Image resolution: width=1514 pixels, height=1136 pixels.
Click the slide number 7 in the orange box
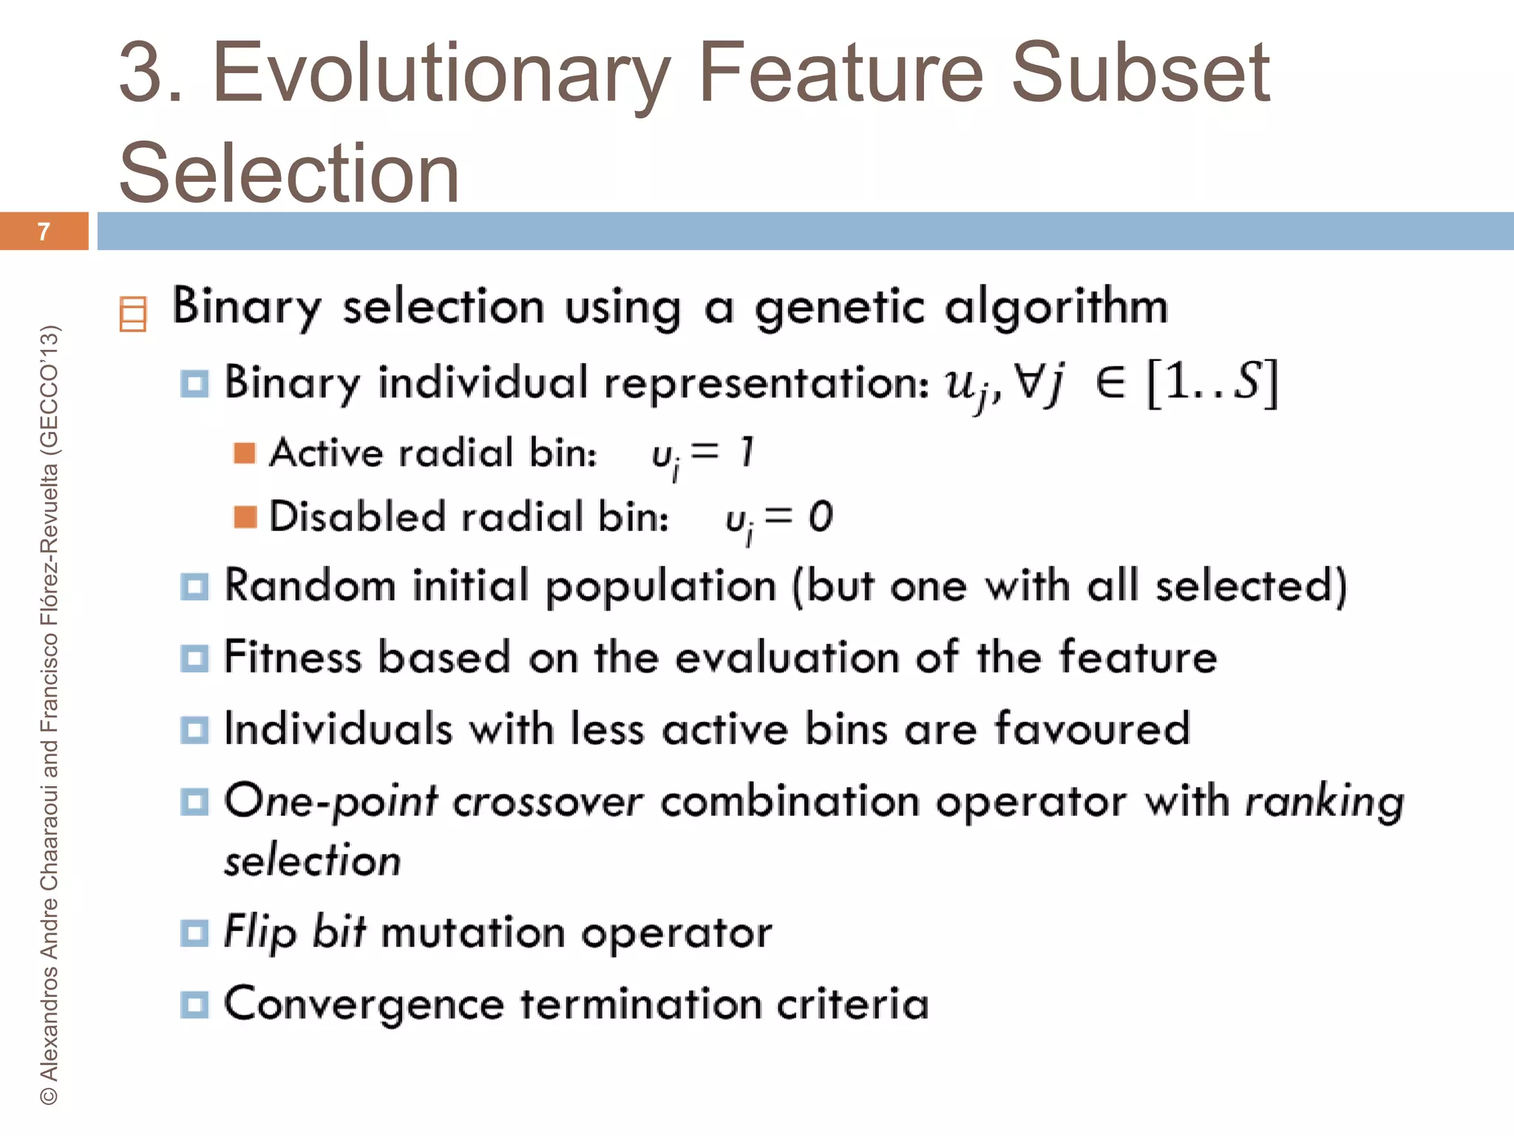tap(44, 231)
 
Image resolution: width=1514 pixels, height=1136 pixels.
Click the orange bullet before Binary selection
tap(133, 314)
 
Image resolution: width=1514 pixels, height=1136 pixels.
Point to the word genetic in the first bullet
tap(839, 307)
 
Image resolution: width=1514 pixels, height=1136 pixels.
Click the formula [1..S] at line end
tap(1212, 382)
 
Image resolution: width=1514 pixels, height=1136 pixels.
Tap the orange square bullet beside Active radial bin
tap(245, 453)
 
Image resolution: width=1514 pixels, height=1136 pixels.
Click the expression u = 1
tap(702, 453)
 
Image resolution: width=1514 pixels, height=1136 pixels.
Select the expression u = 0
tap(778, 517)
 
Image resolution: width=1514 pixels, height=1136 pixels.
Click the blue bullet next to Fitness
tap(194, 657)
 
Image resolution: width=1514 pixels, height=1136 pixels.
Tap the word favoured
tap(1092, 728)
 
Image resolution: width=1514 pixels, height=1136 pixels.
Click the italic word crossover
tap(548, 801)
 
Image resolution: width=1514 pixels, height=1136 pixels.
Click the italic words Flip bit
tap(295, 932)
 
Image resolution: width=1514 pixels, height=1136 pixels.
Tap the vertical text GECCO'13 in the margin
tap(49, 388)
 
